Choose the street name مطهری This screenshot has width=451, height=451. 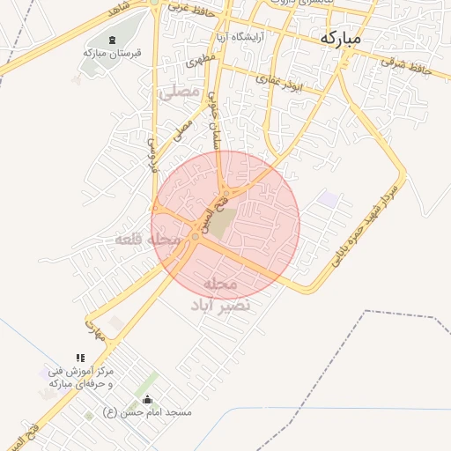(196, 63)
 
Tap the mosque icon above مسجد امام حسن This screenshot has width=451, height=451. (146, 400)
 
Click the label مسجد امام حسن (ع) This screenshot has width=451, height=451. (147, 411)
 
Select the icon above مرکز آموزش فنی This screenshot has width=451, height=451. (80, 358)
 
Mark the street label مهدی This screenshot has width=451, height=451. (94, 330)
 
